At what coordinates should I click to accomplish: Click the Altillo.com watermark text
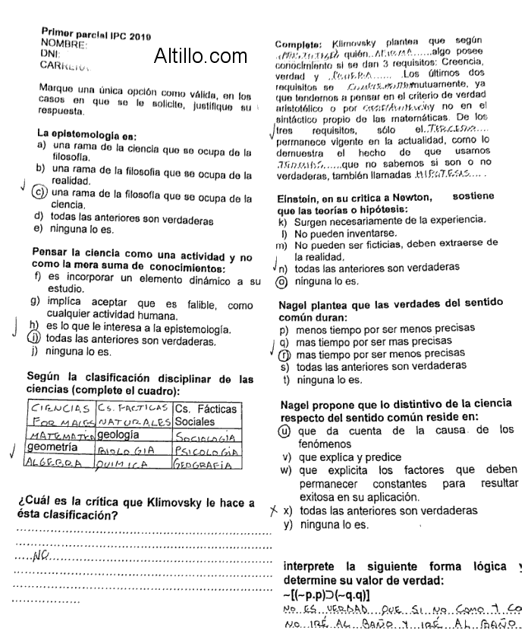[x=200, y=55]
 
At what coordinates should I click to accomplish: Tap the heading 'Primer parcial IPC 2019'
[x=96, y=35]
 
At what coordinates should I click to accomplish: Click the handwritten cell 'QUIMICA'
[x=127, y=463]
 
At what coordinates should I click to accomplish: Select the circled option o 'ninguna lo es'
[x=282, y=281]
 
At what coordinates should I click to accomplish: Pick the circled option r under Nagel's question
[x=285, y=354]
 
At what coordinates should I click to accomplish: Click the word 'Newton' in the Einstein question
[x=410, y=197]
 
